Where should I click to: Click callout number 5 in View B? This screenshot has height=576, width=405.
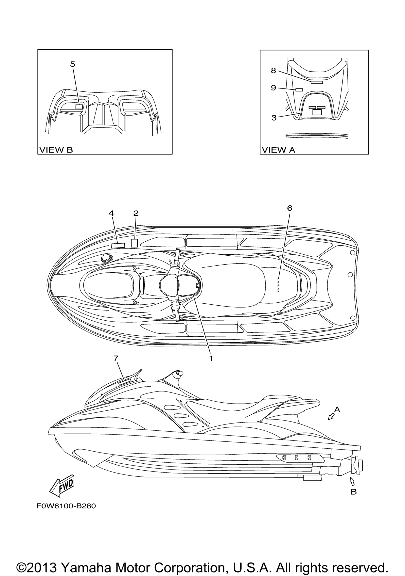pyautogui.click(x=72, y=64)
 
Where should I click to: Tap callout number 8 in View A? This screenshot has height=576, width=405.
pyautogui.click(x=273, y=71)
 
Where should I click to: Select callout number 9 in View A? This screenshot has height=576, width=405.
pyautogui.click(x=273, y=88)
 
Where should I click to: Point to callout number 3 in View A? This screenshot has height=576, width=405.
pyautogui.click(x=274, y=118)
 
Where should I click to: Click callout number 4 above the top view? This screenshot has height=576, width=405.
pyautogui.click(x=111, y=213)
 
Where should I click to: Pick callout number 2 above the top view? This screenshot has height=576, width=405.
pyautogui.click(x=136, y=213)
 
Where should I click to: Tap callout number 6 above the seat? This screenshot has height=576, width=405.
pyautogui.click(x=290, y=208)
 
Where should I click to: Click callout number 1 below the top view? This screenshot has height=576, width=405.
pyautogui.click(x=211, y=359)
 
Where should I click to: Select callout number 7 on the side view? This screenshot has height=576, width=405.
pyautogui.click(x=116, y=359)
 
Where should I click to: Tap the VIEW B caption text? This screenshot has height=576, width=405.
pyautogui.click(x=56, y=150)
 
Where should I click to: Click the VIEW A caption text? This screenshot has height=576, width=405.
pyautogui.click(x=278, y=150)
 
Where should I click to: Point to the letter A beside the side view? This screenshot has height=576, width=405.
pyautogui.click(x=337, y=410)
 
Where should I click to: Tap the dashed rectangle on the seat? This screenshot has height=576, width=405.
pyautogui.click(x=278, y=285)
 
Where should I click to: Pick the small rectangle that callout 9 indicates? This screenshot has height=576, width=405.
pyautogui.click(x=299, y=89)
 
